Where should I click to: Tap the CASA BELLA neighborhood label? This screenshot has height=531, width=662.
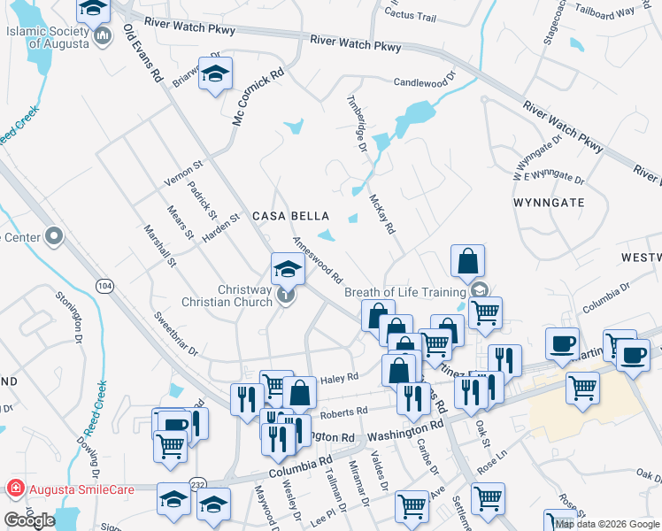click(290, 216)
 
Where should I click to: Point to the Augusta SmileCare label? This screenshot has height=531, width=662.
click(72, 488)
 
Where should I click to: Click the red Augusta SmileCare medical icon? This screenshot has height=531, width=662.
click(15, 488)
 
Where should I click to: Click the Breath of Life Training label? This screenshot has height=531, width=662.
click(405, 291)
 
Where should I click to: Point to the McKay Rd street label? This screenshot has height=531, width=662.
click(381, 214)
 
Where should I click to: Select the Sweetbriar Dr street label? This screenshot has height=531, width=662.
click(174, 333)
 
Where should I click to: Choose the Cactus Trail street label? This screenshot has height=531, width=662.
click(412, 16)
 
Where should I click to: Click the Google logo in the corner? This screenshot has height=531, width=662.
click(29, 520)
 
